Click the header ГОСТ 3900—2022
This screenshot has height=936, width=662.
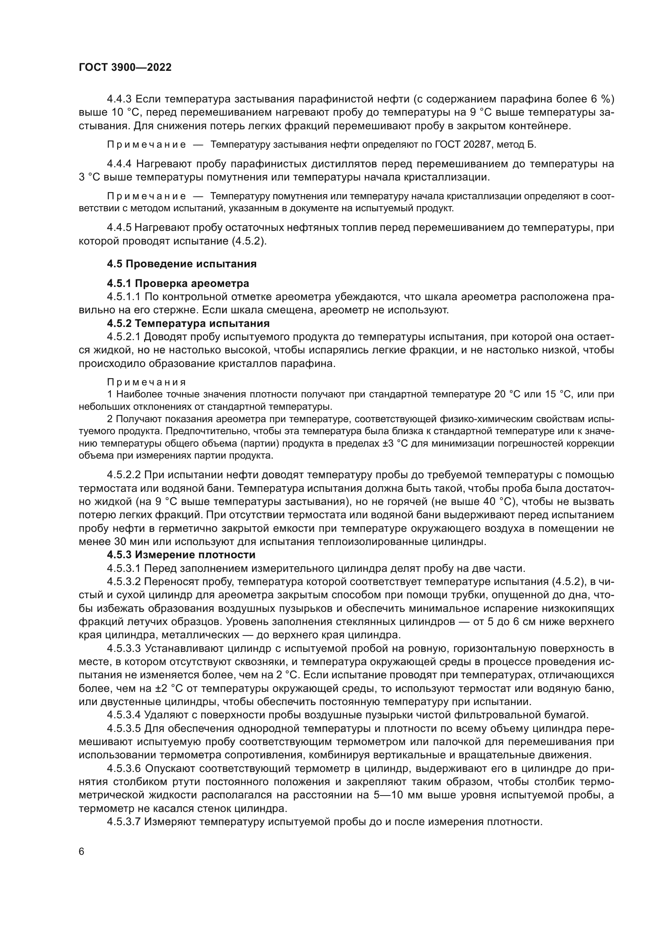click(x=125, y=68)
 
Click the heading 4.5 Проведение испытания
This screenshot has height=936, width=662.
click(x=181, y=264)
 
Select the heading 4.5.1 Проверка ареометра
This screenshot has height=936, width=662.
click(x=178, y=283)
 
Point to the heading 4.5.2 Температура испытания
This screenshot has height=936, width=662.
click(x=188, y=323)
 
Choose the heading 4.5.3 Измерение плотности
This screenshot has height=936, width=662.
click(x=181, y=555)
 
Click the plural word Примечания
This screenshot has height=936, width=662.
click(x=146, y=382)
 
